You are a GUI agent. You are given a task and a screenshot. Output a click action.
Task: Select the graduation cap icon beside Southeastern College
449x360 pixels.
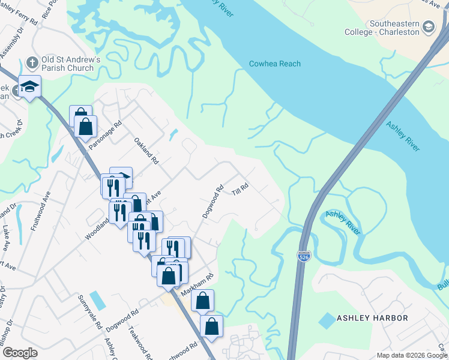(429, 26)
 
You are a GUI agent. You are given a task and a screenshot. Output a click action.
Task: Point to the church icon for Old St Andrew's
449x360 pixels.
(32, 61)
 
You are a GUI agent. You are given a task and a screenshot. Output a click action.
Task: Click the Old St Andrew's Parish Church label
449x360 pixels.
(68, 64)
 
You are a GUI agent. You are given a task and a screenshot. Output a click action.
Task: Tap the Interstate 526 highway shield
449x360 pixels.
(304, 256)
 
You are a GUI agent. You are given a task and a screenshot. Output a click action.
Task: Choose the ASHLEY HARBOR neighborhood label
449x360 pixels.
(372, 317)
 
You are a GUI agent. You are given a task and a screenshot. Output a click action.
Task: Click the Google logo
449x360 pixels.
(20, 353)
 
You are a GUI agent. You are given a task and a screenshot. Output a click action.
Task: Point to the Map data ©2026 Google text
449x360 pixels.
(411, 355)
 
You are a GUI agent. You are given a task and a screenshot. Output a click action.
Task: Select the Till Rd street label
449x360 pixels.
(240, 189)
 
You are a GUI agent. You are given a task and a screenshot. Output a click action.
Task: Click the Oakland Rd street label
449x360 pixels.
(146, 152)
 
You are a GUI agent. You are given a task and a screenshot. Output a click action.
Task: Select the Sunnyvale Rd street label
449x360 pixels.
(89, 312)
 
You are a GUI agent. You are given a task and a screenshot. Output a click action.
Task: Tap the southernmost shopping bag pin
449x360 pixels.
(211, 327)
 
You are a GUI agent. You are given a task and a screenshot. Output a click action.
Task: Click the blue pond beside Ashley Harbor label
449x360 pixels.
(327, 320)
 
